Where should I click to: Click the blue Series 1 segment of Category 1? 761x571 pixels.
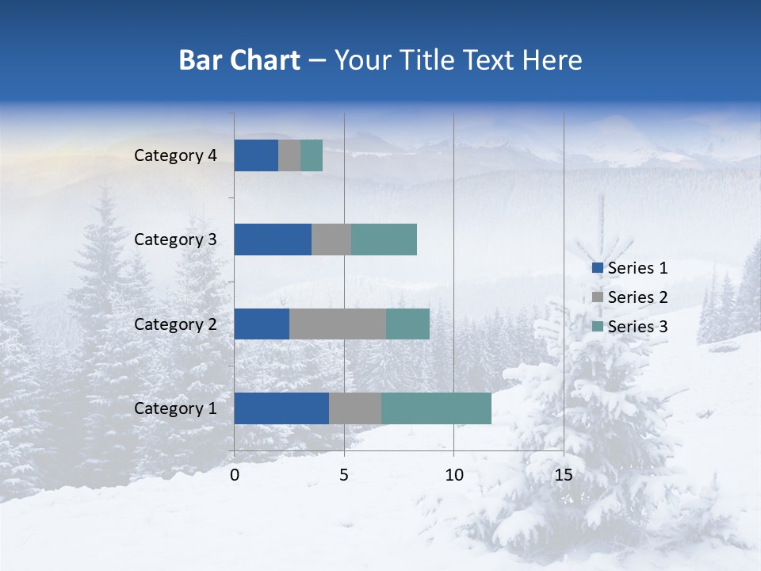pyautogui.click(x=281, y=408)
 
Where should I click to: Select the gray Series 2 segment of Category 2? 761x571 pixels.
pyautogui.click(x=338, y=324)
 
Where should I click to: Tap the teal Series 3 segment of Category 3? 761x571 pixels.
pyautogui.click(x=384, y=240)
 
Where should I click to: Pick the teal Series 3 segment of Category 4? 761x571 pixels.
pyautogui.click(x=312, y=155)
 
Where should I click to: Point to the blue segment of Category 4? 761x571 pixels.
pyautogui.click(x=256, y=155)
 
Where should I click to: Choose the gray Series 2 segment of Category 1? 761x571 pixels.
pyautogui.click(x=355, y=408)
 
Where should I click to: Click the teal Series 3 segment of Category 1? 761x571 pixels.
pyautogui.click(x=436, y=408)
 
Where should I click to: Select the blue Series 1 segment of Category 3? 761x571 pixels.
pyautogui.click(x=273, y=240)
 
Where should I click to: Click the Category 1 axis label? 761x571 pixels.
pyautogui.click(x=174, y=408)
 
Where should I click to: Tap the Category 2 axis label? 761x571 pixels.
pyautogui.click(x=174, y=324)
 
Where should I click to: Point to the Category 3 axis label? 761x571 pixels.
pyautogui.click(x=174, y=240)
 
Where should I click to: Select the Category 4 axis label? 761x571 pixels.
pyautogui.click(x=174, y=155)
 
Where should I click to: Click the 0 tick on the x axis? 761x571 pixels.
pyautogui.click(x=235, y=475)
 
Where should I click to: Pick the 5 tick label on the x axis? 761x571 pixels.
pyautogui.click(x=344, y=475)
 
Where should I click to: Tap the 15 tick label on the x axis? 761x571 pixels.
pyautogui.click(x=563, y=475)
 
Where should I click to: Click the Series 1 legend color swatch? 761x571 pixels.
pyautogui.click(x=597, y=268)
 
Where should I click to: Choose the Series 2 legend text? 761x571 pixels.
pyautogui.click(x=637, y=297)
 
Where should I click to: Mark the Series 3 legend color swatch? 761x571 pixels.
pyautogui.click(x=597, y=327)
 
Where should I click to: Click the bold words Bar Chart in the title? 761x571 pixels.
pyautogui.click(x=239, y=60)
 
